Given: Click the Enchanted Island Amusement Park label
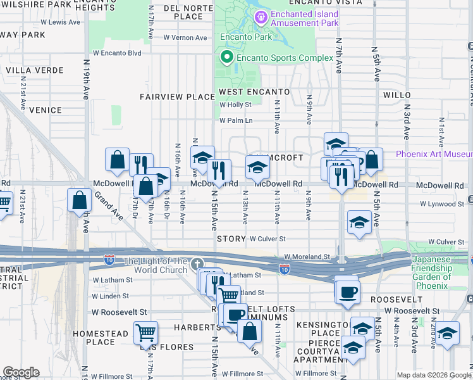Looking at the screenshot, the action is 304,18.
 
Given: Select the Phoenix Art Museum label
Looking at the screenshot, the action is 434,155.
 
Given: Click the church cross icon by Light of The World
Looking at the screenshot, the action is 197,263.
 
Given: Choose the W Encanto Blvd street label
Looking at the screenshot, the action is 117,53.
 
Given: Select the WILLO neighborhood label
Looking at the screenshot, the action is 397,95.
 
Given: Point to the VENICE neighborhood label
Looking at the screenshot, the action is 46,110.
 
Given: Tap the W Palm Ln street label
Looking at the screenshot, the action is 236,120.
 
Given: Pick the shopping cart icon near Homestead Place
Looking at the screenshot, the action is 145,331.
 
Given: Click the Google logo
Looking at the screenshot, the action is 21,372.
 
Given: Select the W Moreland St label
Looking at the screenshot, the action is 307,256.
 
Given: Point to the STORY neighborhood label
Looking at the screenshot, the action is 230,239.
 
